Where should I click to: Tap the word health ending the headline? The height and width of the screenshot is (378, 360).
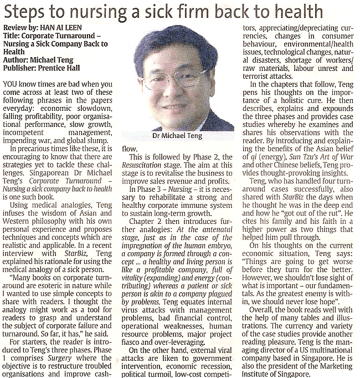tap(299, 12)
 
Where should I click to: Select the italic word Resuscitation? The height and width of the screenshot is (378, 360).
tap(146, 166)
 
